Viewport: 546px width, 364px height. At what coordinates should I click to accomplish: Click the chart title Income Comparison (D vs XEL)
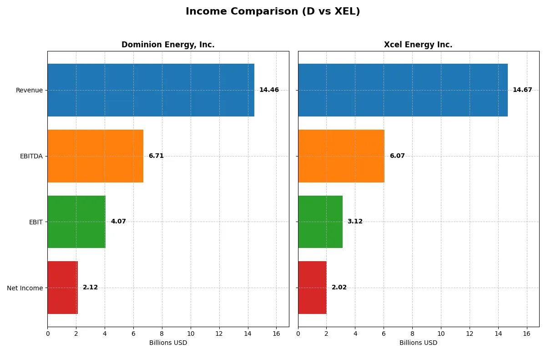(x=273, y=12)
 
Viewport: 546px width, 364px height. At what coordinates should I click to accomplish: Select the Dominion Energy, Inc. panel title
(x=168, y=45)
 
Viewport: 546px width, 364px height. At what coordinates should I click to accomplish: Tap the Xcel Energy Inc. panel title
(x=418, y=45)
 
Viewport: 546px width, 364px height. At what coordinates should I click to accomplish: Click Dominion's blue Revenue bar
(x=151, y=90)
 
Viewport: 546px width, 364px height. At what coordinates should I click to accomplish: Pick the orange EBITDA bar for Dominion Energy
(x=95, y=156)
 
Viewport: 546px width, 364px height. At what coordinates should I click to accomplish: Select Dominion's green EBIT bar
(x=76, y=222)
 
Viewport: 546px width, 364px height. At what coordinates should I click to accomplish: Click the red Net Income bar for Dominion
(x=62, y=288)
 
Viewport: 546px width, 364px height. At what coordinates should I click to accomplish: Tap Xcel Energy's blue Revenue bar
(x=403, y=90)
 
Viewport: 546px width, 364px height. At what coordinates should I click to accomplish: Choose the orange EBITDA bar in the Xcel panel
(x=341, y=156)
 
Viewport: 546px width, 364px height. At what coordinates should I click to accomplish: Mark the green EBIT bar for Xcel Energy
(x=320, y=222)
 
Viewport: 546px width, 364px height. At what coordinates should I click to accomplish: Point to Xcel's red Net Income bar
(x=312, y=288)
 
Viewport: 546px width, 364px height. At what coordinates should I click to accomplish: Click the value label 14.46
(x=269, y=90)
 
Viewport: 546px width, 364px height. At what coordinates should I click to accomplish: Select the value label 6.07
(x=397, y=156)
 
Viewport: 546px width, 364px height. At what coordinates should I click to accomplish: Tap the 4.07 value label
(x=118, y=222)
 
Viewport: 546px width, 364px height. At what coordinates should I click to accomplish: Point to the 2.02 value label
(x=339, y=288)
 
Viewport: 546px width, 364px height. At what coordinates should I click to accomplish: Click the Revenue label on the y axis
(x=29, y=90)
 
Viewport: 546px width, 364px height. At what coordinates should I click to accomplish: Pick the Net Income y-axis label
(x=25, y=288)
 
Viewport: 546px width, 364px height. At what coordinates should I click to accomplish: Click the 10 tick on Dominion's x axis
(x=191, y=334)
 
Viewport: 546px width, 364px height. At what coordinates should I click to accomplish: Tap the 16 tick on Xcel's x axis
(x=527, y=334)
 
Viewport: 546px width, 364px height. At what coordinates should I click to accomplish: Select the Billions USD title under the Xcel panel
(x=418, y=343)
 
